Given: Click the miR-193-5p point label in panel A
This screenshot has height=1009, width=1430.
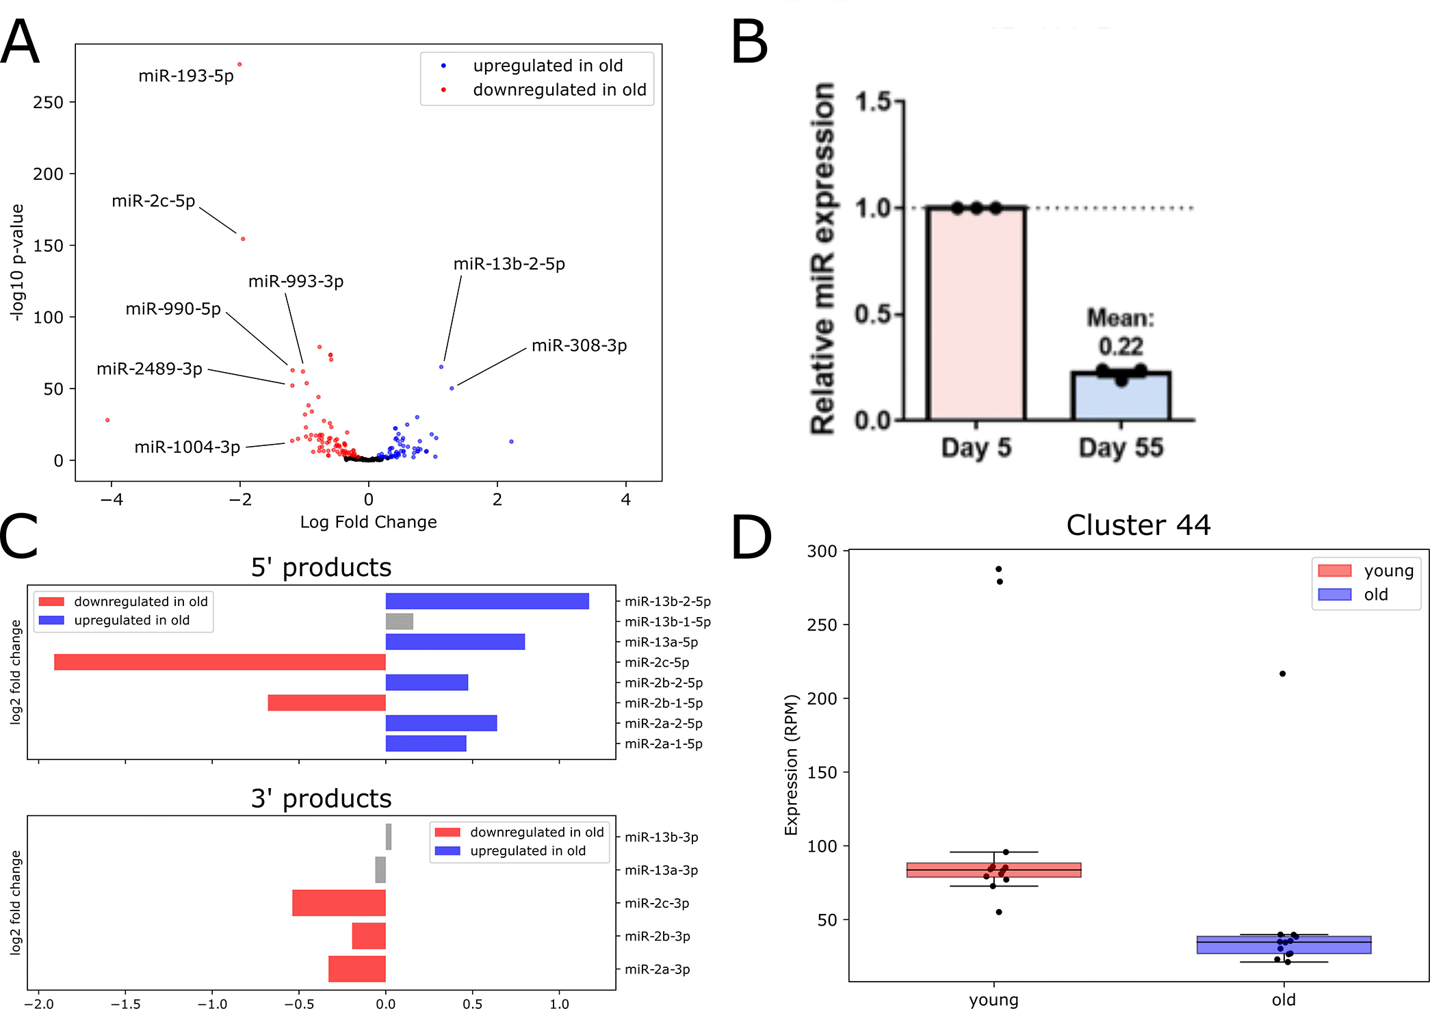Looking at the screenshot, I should (185, 76).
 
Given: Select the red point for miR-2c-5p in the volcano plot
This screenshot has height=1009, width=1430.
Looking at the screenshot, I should (243, 239).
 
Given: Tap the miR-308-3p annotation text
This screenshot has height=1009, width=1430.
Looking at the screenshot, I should (579, 345).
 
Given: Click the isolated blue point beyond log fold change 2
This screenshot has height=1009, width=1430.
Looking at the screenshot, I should (511, 441).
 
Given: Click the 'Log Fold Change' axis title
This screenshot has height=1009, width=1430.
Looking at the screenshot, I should (368, 522).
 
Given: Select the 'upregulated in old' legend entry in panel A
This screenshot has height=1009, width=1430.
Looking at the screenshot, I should (547, 66).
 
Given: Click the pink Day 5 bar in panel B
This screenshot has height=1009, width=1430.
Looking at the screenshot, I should (976, 315).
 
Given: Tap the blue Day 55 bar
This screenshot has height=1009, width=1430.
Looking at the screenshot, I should (1121, 397).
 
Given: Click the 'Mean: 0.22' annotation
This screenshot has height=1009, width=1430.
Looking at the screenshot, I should (1121, 332).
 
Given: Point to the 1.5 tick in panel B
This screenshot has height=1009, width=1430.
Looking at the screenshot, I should (873, 102).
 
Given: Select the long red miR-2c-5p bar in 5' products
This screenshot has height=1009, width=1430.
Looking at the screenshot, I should (220, 662).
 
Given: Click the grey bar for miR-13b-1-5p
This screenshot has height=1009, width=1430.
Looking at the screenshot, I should (399, 621).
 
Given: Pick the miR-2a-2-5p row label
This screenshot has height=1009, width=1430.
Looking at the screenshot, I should (663, 724).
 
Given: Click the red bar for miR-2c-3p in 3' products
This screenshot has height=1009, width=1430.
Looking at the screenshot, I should (339, 903).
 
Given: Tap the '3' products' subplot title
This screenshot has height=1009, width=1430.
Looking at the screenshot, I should (321, 798).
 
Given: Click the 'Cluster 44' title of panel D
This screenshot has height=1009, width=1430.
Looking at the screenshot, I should (1138, 525).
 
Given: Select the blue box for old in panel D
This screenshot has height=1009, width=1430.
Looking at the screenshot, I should (1284, 945).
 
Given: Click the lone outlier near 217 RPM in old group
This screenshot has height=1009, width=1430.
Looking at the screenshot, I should (1282, 674).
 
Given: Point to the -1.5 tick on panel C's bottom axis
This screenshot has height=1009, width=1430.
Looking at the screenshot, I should (125, 1004).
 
